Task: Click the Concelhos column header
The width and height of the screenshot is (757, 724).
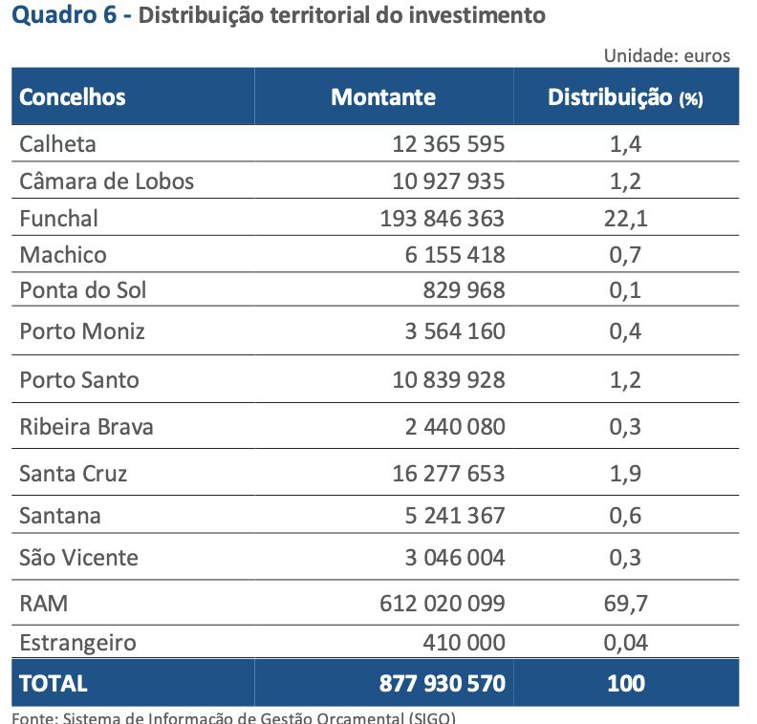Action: point(73,96)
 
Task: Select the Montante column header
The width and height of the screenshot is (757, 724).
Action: point(383,96)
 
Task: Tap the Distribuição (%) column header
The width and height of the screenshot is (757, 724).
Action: point(625,97)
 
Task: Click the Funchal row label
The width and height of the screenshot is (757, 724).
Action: point(59,218)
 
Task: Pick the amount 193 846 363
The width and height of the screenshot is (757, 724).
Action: point(442,218)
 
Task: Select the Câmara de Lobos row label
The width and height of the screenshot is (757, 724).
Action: point(106,181)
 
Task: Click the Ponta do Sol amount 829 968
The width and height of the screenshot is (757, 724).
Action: point(464,289)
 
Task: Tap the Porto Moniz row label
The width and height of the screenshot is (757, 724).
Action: point(82,331)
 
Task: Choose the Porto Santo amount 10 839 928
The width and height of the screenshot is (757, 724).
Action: point(448,379)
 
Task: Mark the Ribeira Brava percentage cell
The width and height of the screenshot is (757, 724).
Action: point(625,426)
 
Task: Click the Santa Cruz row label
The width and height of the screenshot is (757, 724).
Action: point(74,473)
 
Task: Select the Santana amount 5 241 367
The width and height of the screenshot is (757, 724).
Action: point(455,516)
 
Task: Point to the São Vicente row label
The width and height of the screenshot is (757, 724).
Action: point(79,557)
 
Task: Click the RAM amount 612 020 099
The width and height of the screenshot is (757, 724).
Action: point(442,604)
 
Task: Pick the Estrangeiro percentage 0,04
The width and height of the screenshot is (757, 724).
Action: point(626,642)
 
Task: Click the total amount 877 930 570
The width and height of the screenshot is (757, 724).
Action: point(442,683)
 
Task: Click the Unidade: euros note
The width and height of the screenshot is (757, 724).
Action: point(666,55)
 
